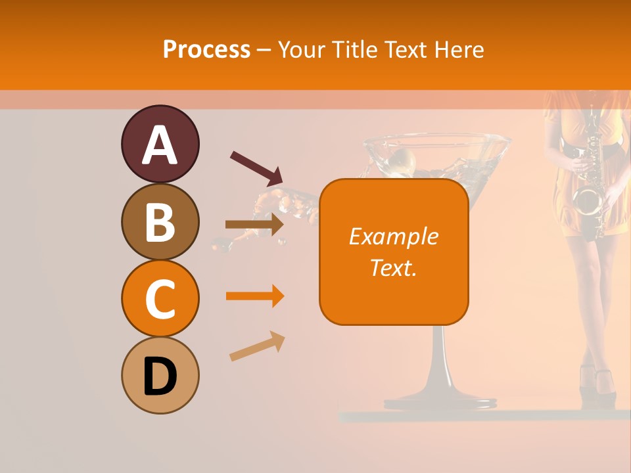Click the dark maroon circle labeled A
pyautogui.click(x=160, y=144)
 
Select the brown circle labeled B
pyautogui.click(x=160, y=221)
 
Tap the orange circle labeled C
pyautogui.click(x=160, y=298)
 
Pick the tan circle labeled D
pyautogui.click(x=160, y=375)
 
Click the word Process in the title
pyautogui.click(x=206, y=49)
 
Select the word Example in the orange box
pyautogui.click(x=394, y=236)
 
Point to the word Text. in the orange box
pyautogui.click(x=394, y=267)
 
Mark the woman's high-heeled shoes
pyautogui.click(x=597, y=384)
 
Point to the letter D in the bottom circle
pyautogui.click(x=160, y=376)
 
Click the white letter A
pyautogui.click(x=160, y=145)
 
